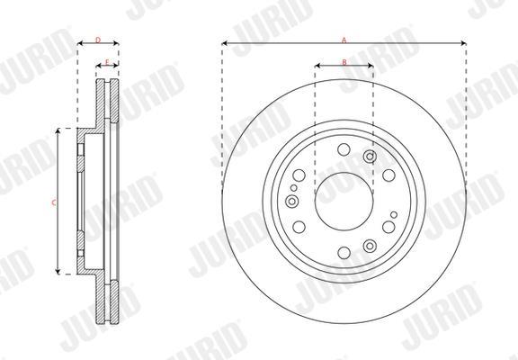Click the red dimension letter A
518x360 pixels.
pyautogui.click(x=344, y=40)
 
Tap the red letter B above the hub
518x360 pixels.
pyautogui.click(x=344, y=62)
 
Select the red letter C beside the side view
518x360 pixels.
pyautogui.click(x=54, y=202)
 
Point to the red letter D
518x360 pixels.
pyautogui.click(x=98, y=40)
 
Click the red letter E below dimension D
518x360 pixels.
pyautogui.click(x=107, y=62)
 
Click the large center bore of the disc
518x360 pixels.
pyautogui.click(x=344, y=202)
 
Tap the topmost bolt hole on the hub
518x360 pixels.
pyautogui.click(x=344, y=149)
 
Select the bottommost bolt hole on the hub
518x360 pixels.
pyautogui.click(x=344, y=253)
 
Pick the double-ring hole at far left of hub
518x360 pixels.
pyautogui.click(x=291, y=201)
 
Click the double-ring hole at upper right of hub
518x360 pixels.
pyautogui.click(x=370, y=157)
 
